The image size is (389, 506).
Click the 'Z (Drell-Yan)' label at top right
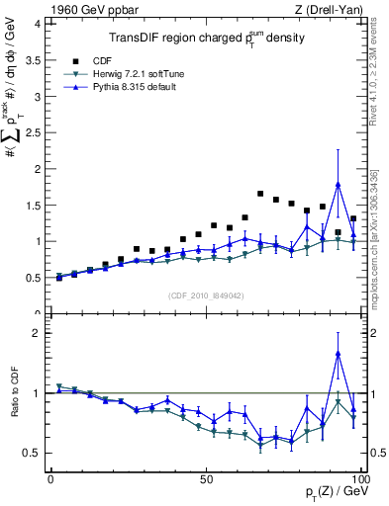click(x=334, y=10)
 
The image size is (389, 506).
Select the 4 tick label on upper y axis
click(x=37, y=23)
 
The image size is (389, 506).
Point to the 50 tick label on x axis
click(x=206, y=478)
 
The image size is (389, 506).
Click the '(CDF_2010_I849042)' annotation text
click(x=205, y=294)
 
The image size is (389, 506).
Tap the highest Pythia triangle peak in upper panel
click(x=339, y=184)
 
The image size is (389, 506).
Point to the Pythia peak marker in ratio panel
click(x=339, y=354)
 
